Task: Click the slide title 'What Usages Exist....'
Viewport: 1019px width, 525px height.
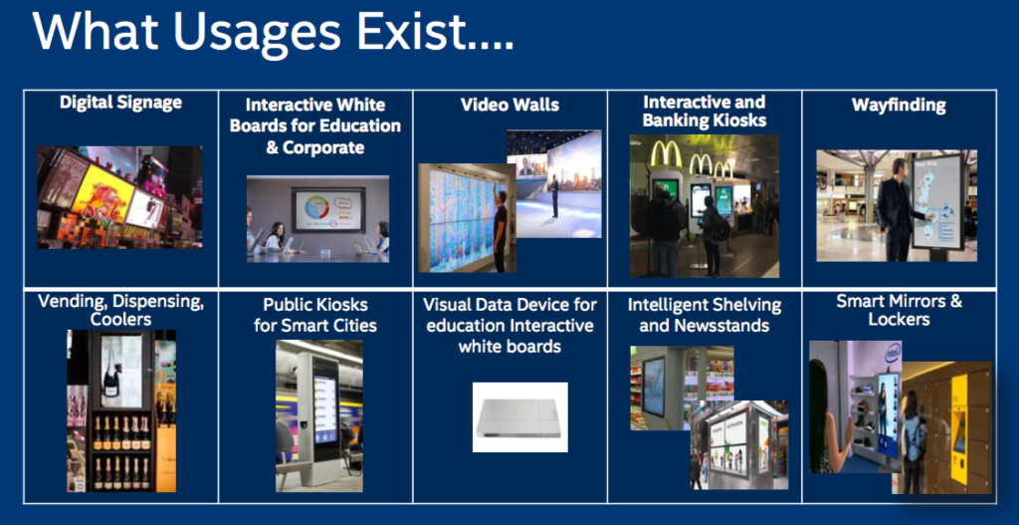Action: (273, 31)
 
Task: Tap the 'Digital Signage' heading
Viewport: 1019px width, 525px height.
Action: (120, 103)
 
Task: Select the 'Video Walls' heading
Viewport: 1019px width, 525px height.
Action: (509, 105)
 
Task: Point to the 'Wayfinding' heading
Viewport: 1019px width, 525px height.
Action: (899, 106)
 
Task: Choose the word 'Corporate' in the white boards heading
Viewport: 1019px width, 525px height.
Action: (322, 147)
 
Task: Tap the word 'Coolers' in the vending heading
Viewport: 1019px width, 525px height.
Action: (121, 320)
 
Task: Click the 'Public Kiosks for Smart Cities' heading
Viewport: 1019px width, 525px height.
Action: (315, 314)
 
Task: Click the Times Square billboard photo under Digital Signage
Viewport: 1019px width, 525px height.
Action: (119, 197)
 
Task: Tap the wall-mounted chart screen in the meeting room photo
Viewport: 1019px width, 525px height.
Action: (327, 209)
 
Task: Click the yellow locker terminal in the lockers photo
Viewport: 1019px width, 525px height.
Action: (958, 422)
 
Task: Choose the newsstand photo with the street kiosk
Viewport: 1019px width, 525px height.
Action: (739, 445)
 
